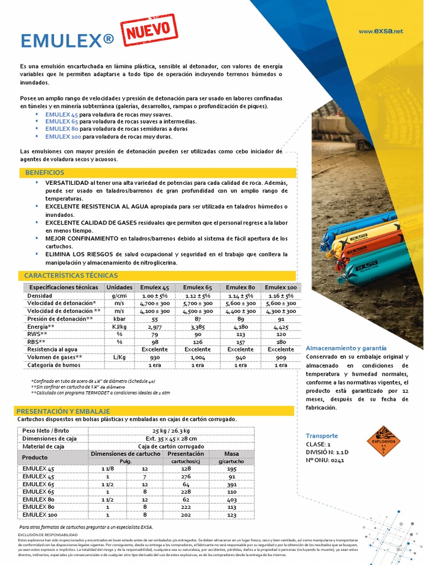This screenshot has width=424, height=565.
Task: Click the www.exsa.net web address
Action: pos(381,31)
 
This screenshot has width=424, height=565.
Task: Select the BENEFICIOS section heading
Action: pos(45,173)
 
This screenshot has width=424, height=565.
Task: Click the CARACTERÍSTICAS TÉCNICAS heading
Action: pos(71,275)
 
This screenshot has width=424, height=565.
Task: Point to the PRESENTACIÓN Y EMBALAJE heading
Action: pos(63,411)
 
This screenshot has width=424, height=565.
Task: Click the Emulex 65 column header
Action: pos(198,287)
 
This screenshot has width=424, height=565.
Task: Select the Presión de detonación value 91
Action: pos(281,319)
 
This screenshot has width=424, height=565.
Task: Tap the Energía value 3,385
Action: pos(198,327)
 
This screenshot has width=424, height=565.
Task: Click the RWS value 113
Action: pos(240,334)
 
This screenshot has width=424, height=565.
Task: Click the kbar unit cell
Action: pos(119,319)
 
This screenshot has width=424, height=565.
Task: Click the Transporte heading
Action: pos(322,435)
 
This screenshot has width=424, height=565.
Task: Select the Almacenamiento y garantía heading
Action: pos(346,348)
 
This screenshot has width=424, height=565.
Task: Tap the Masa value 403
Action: pos(231,499)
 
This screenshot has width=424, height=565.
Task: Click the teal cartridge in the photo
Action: pos(367,264)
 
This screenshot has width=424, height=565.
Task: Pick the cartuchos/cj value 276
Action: pos(185,476)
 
